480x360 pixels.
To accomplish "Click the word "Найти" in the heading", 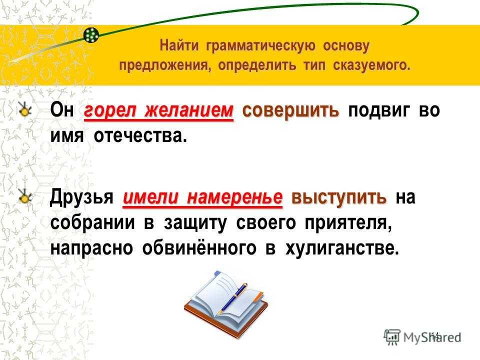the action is [179, 46].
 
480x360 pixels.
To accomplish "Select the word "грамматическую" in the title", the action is [260, 46].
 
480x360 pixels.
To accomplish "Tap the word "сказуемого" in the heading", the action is [371, 65].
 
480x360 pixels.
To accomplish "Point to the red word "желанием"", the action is [189, 110].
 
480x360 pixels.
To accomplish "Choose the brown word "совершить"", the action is [290, 110].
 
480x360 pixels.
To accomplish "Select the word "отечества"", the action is [140, 135].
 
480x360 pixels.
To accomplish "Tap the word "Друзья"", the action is [81, 197].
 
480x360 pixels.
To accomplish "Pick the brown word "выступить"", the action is [339, 197].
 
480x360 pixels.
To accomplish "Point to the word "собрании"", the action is [92, 222].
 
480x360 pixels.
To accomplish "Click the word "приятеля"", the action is [348, 223].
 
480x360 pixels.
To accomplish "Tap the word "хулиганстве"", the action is [342, 248].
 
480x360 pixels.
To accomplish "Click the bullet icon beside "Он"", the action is [24, 109].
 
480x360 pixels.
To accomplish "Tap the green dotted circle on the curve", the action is [91, 35].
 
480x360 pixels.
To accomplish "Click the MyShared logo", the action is [422, 337].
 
